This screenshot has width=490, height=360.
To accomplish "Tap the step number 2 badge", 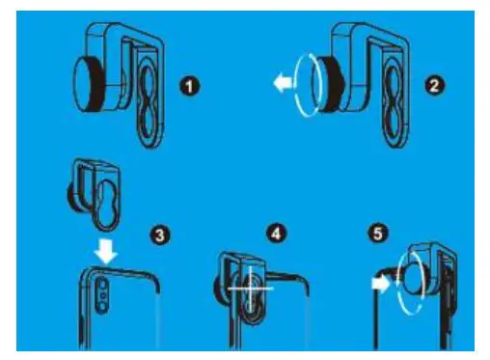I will [435, 86].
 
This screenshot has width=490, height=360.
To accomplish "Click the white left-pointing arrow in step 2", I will [283, 85].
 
